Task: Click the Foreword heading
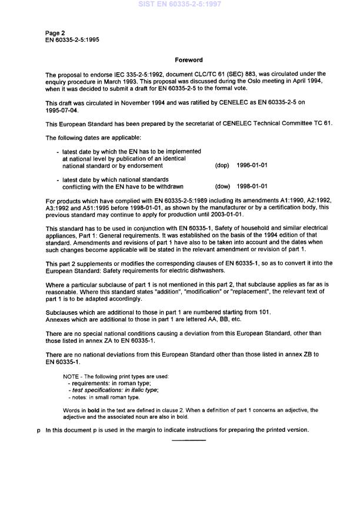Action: tap(189, 60)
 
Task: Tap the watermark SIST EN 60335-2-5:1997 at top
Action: tap(180, 5)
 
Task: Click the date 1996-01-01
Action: tap(252, 166)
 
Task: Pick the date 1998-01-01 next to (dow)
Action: tap(252, 186)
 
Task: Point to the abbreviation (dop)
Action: tap(222, 166)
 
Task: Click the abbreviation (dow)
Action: tap(222, 186)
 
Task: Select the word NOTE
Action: tap(71, 376)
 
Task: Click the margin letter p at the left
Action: tap(38, 430)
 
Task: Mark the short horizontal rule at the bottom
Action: tap(188, 440)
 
